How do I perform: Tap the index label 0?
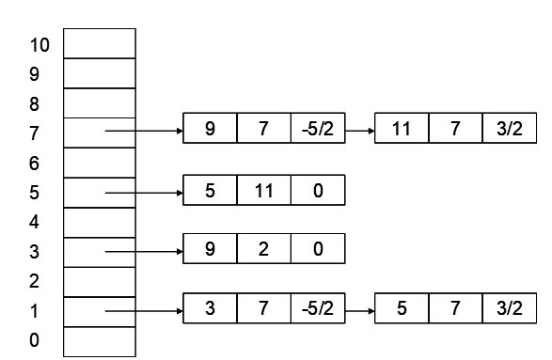pos(36,339)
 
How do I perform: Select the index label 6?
pos(36,163)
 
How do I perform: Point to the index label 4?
pos(36,222)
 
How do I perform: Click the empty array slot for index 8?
pos(100,102)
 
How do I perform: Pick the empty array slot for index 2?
pos(100,280)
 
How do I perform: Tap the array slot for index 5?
pos(100,192)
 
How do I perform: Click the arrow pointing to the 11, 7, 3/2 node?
pos(360,131)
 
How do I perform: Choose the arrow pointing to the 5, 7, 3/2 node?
pos(360,309)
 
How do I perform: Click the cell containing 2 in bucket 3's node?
pos(264,250)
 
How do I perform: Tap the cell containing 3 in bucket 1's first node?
pos(210,309)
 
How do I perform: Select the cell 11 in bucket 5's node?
pos(264,191)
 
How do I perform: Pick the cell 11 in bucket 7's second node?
pos(402,131)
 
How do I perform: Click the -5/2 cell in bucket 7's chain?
pos(318,131)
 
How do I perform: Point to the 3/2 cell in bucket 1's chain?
pos(509,309)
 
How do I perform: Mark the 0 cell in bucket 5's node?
pos(318,191)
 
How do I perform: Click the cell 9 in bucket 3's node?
pos(210,250)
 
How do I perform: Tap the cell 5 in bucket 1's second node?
pos(402,309)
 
